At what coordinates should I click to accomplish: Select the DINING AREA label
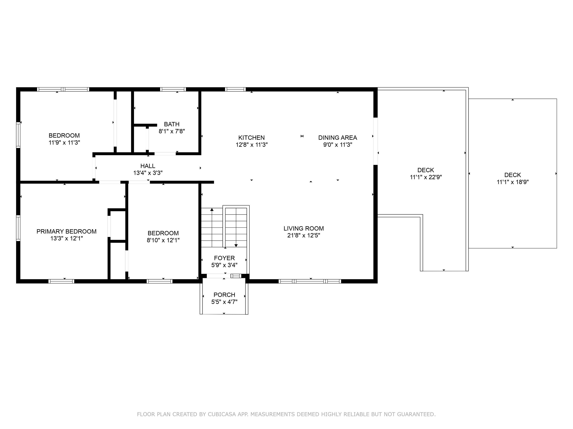[x=338, y=138]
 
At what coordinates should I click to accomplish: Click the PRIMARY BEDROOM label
[x=66, y=231]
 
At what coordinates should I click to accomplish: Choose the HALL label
[x=148, y=166]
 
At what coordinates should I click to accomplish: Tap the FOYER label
[x=224, y=258]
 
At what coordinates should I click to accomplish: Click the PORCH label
[x=224, y=295]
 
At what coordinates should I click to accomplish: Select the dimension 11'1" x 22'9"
[x=426, y=177]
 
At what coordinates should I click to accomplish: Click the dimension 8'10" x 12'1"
[x=163, y=240]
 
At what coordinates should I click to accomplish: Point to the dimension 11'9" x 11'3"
[x=64, y=142]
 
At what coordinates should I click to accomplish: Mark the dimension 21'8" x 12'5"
[x=304, y=235]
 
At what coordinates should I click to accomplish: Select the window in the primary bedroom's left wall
[x=18, y=228]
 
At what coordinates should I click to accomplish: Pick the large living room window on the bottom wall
[x=310, y=281]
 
